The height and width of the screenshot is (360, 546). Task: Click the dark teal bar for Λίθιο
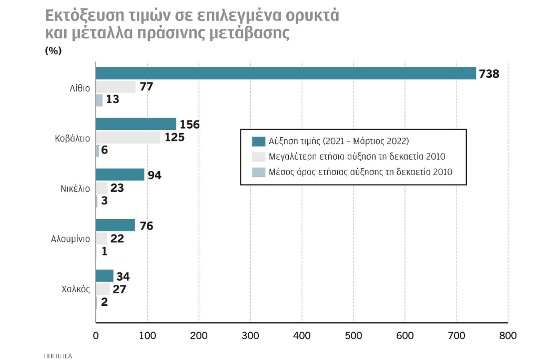pyautogui.click(x=286, y=74)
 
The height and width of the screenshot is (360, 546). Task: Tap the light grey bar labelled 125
pyautogui.click(x=128, y=137)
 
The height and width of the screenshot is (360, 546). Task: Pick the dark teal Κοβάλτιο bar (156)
pyautogui.click(x=136, y=124)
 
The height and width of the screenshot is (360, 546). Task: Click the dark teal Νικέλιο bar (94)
pyautogui.click(x=120, y=174)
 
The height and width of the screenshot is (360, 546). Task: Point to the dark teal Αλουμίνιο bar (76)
pyautogui.click(x=115, y=225)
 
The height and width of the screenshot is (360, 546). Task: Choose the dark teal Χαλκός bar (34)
pyautogui.click(x=105, y=275)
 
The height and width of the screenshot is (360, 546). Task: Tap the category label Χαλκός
pyautogui.click(x=76, y=289)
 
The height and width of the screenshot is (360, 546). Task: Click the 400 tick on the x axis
pyautogui.click(x=302, y=335)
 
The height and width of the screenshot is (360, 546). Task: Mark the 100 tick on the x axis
pyautogui.click(x=147, y=335)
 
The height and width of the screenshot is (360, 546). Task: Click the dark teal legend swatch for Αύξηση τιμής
pyautogui.click(x=258, y=141)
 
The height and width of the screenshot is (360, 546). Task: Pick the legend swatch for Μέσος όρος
pyautogui.click(x=258, y=171)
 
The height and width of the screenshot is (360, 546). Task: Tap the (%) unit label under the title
pyautogui.click(x=54, y=51)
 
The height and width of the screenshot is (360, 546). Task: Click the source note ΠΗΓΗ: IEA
pyautogui.click(x=58, y=356)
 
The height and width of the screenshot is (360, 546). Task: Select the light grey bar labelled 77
pyautogui.click(x=116, y=87)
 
